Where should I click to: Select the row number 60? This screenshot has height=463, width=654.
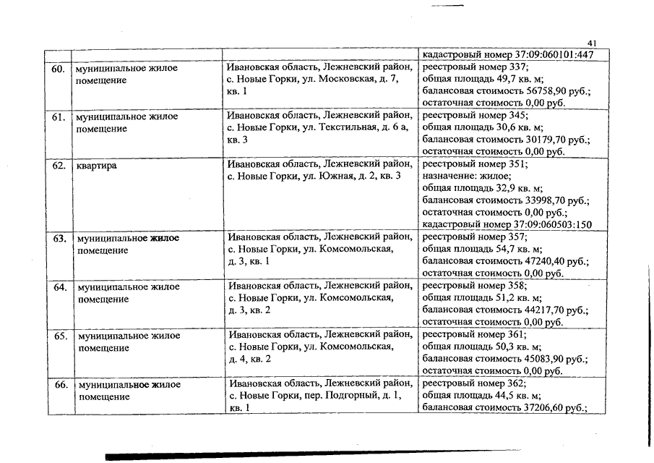click(58, 69)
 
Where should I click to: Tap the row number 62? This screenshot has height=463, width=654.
click(58, 166)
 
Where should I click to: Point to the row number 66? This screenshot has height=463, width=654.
click(58, 384)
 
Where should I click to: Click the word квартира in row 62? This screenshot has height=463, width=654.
click(97, 166)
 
